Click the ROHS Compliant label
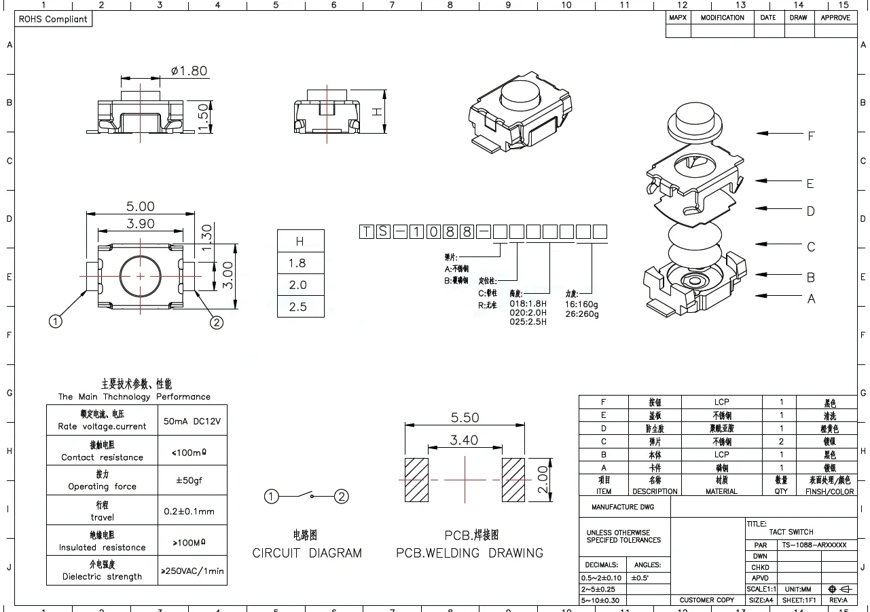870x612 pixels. pos(53,19)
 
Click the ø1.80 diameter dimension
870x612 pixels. pos(189,71)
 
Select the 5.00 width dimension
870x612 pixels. pos(140,206)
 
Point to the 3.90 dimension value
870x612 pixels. pos(140,223)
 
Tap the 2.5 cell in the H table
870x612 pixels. pos(298,307)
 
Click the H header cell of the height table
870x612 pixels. pos(300,242)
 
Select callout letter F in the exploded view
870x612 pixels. pos(810,136)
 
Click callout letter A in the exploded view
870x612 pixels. pos(810,299)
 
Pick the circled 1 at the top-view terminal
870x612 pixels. pos(56,322)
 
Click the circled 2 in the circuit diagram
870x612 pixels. pos(342,497)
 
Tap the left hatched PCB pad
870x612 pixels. pos(416,480)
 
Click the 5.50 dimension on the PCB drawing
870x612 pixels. pos(465,418)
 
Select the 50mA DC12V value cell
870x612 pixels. pos(192,421)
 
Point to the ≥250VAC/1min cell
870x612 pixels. pos(192,571)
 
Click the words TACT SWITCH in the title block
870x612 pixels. pos(791,532)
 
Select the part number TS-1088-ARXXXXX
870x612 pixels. pos(814,545)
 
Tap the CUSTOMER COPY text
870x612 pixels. pos(706,600)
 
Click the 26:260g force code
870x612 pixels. pos(582,313)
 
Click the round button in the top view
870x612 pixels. pos(141,276)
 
